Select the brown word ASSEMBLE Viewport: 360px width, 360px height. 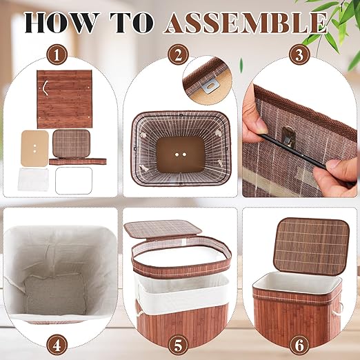(246, 23)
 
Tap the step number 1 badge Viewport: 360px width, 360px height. (57, 55)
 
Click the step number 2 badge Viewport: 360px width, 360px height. (178, 55)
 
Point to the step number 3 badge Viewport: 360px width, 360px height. (299, 55)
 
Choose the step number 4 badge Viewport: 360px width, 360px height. (57, 345)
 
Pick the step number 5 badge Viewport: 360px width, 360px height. (178, 345)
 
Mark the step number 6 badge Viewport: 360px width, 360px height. (299, 345)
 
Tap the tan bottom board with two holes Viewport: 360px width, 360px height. (34, 148)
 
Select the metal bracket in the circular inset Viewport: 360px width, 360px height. (210, 87)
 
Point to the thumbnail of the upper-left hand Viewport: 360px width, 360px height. (261, 124)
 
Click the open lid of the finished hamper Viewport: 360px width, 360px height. (312, 246)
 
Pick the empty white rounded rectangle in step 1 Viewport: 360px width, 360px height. (74, 181)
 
